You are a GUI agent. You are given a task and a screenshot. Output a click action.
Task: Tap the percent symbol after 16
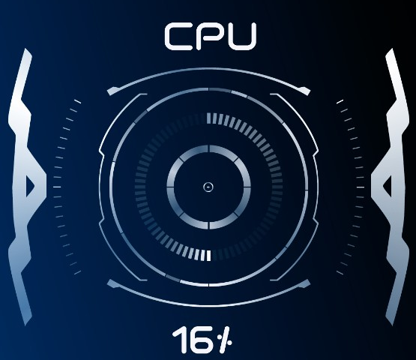point(224,340)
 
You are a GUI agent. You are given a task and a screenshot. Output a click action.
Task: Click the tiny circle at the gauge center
point(208,187)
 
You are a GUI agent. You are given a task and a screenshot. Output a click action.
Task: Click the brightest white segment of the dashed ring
point(209,255)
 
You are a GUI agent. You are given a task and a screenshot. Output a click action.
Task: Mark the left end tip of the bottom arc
point(108,282)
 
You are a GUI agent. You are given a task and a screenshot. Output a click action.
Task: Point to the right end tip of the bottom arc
point(309,282)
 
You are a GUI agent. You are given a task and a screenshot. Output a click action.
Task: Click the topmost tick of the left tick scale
point(77,101)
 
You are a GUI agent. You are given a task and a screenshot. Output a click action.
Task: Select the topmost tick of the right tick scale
point(340,101)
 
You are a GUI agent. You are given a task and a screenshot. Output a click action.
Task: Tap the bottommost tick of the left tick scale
point(77,272)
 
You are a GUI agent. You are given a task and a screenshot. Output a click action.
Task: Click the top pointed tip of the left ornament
point(26,49)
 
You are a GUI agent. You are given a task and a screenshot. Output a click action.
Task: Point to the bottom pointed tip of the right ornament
point(392,325)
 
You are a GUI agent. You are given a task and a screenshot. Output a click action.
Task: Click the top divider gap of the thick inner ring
point(209,149)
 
